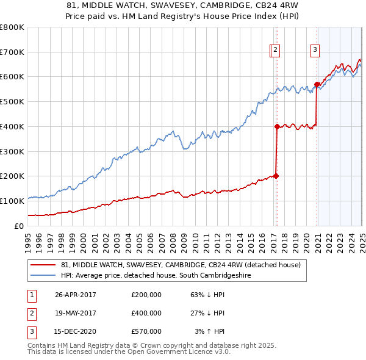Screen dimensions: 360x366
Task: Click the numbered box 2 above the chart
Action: pos(275,51)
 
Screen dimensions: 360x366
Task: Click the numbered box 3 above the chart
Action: pos(315,51)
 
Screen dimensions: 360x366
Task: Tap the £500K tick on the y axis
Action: pos(12,101)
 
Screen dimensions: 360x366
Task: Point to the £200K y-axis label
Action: pos(12,176)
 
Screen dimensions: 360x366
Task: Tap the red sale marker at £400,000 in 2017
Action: pos(277,126)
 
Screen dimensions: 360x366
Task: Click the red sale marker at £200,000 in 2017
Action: pos(276,176)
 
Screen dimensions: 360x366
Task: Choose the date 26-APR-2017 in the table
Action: pos(76,295)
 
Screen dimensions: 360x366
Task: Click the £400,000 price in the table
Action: pos(146,313)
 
